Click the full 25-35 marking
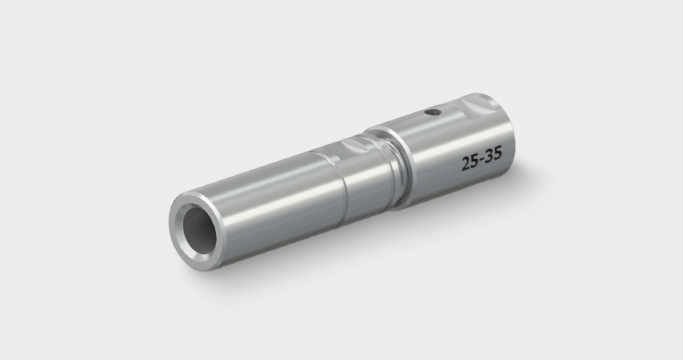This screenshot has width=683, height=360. pos(481,161)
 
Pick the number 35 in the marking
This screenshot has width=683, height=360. pos(493,159)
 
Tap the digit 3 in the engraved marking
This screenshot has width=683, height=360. pos(489,160)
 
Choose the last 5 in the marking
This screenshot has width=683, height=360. pos(497,158)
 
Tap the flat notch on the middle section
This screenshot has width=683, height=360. pos(355,143)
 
